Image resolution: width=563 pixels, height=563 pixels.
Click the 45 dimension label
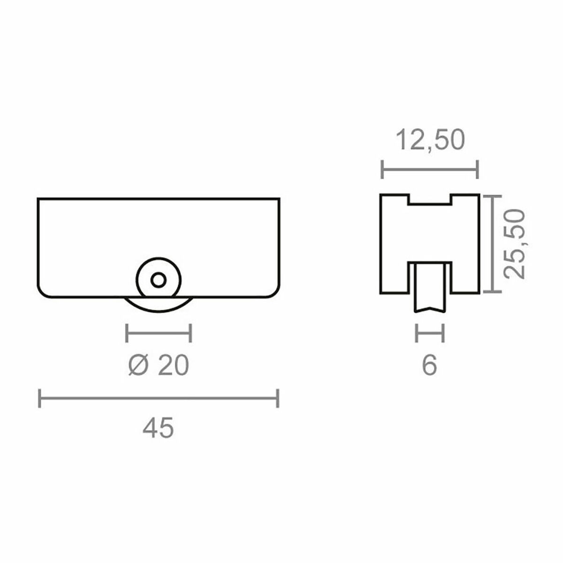point(159,428)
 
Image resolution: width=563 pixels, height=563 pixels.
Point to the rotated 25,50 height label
point(512,244)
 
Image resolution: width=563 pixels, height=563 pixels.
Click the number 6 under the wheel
point(429,365)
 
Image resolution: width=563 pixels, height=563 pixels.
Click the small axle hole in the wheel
point(159,280)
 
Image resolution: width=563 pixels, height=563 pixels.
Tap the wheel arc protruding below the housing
point(159,306)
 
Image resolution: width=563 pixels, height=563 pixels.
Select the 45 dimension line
point(159,398)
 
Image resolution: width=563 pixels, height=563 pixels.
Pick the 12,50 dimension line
point(430,169)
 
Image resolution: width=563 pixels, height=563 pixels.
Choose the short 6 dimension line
point(429,334)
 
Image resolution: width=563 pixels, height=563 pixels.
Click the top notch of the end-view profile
point(430,199)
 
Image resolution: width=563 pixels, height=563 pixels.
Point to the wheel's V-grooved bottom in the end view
point(429,308)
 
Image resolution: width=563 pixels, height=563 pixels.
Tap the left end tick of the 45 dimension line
point(40,398)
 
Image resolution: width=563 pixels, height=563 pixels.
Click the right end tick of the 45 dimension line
point(278,398)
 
